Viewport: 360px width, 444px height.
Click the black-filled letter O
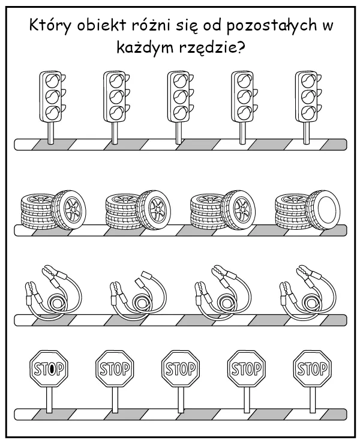point(53,368)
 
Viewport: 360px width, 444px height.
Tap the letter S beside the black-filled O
point(38,368)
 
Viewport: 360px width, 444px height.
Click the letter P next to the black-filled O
point(61,368)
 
